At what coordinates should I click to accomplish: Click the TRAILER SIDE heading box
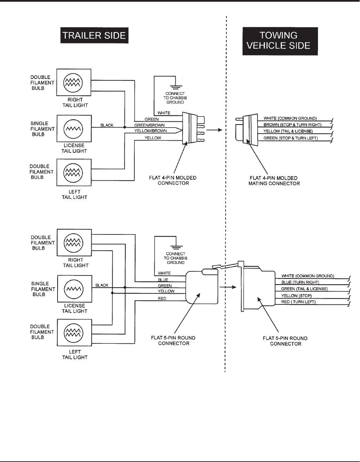pyautogui.click(x=94, y=36)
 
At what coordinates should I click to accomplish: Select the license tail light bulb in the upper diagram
pyautogui.click(x=73, y=129)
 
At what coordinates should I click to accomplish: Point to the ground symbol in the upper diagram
pyautogui.click(x=175, y=82)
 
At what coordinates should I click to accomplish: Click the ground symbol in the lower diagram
pyautogui.click(x=176, y=246)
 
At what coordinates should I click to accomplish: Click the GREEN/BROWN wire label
pyautogui.click(x=150, y=125)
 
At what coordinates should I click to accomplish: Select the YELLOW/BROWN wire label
pyautogui.click(x=151, y=131)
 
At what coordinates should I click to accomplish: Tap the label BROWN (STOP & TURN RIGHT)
pyautogui.click(x=292, y=125)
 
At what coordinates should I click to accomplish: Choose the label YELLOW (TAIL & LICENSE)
pyautogui.click(x=288, y=131)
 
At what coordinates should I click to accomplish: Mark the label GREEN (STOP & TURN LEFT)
pyautogui.click(x=290, y=138)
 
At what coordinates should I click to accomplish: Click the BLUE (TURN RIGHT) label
pyautogui.click(x=300, y=282)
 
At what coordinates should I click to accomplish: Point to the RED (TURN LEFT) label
pyautogui.click(x=298, y=302)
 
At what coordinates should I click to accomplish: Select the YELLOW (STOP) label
pyautogui.click(x=296, y=296)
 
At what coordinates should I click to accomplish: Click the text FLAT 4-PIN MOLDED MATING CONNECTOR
pyautogui.click(x=274, y=181)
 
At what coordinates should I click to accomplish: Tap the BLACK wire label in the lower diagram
pyautogui.click(x=102, y=285)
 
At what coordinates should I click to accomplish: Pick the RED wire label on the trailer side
pyautogui.click(x=162, y=299)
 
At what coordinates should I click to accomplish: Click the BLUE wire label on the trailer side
pyautogui.click(x=163, y=280)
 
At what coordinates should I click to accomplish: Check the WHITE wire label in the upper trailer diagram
pyautogui.click(x=164, y=113)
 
